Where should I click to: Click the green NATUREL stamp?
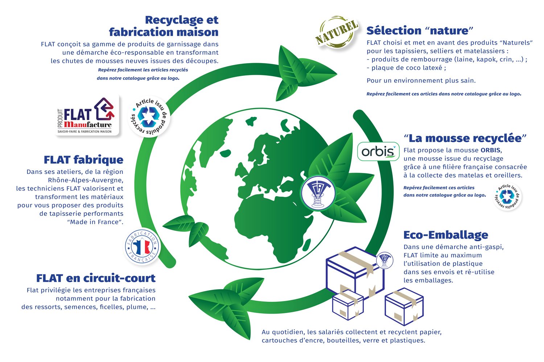(337, 32)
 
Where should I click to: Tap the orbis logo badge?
(378, 151)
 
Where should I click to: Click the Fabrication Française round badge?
(142, 246)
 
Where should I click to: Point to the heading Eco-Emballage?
(446, 235)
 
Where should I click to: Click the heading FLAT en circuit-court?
(96, 278)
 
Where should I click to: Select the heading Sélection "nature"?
(420, 30)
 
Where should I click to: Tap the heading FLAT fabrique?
(83, 160)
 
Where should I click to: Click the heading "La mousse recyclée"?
(465, 138)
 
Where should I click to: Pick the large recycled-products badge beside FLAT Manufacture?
(149, 117)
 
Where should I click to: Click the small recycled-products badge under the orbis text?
(507, 197)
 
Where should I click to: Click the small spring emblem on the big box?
(384, 260)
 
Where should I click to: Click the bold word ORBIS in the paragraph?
(491, 150)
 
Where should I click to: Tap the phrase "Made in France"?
(95, 222)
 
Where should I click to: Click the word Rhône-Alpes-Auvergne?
(86, 180)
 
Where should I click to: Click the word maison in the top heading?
(197, 32)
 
